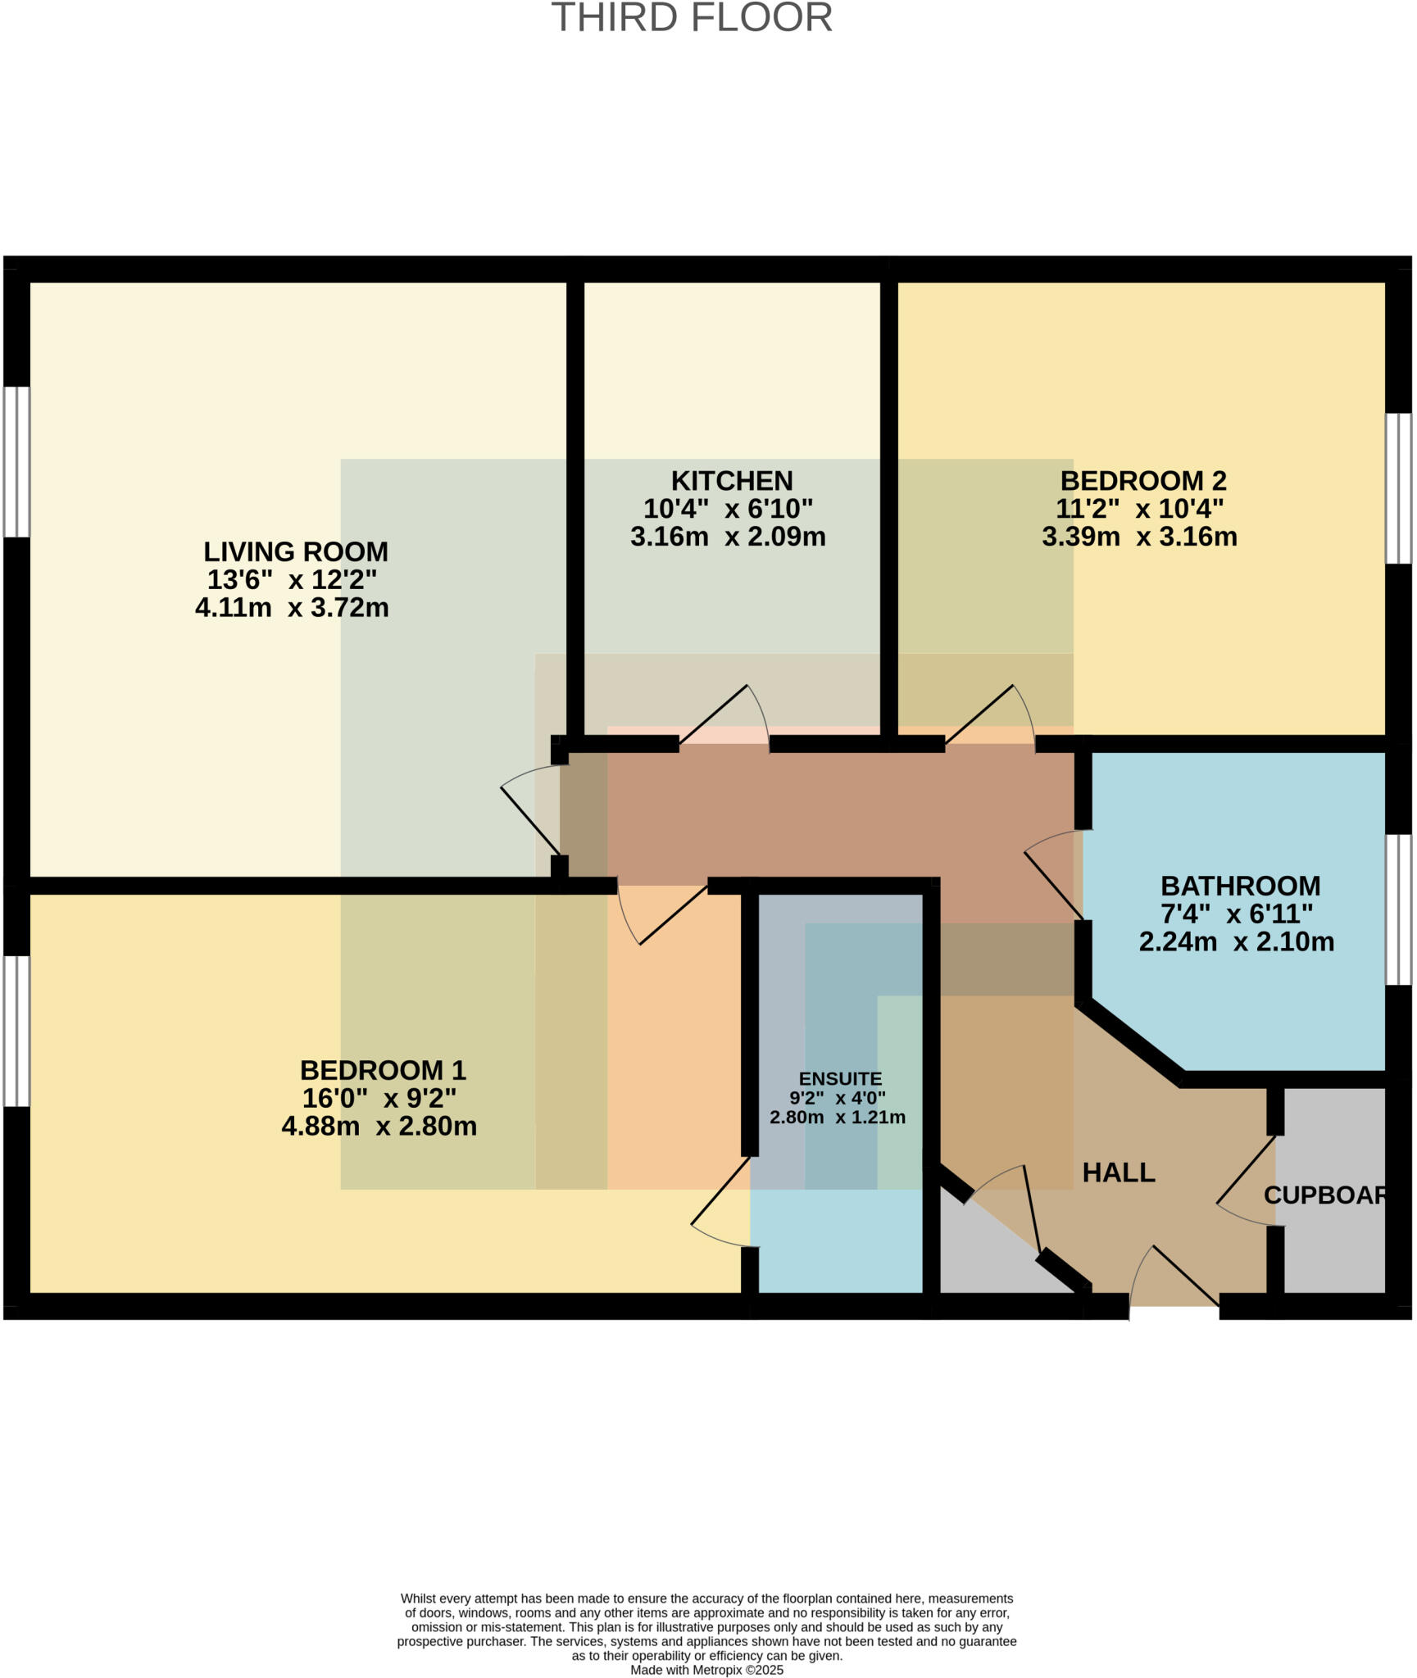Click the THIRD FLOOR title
[692, 18]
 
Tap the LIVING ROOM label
[296, 551]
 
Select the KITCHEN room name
[732, 480]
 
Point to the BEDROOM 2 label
[1142, 480]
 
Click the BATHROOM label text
[1240, 886]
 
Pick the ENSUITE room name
[840, 1078]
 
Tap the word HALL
[1119, 1172]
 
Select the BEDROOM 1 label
[383, 1070]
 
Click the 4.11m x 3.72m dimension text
[292, 608]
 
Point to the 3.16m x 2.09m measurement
[728, 537]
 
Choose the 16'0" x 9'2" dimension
[379, 1098]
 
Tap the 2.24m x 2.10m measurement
[1237, 942]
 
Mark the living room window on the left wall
[16, 462]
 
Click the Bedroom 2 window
[1399, 488]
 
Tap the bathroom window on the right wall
[1399, 909]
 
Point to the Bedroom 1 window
[16, 1032]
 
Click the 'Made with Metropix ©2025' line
[706, 1670]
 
